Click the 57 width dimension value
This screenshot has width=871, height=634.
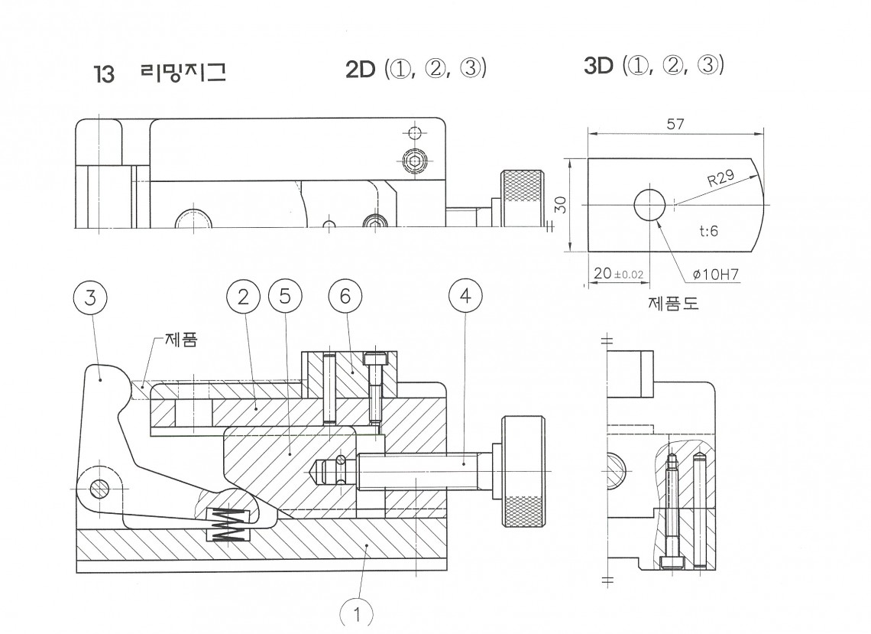675,125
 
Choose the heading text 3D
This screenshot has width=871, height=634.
598,67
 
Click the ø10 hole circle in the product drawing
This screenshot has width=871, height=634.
650,204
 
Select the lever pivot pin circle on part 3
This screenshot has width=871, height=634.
98,486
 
